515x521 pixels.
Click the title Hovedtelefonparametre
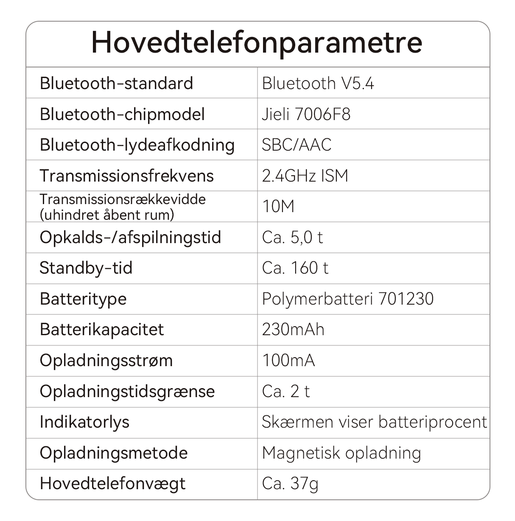pos(257,42)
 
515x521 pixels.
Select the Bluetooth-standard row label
pos(116,83)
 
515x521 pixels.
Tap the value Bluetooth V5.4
pos(318,83)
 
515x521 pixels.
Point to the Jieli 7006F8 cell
pos(306,114)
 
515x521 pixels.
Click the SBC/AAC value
pos(296,145)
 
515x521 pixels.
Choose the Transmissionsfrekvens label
pos(126,176)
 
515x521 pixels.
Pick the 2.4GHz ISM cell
pos(305,176)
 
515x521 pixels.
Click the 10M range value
pos(278,207)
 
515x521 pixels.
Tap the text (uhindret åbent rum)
pos(107,215)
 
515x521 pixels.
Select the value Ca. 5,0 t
pos(292,237)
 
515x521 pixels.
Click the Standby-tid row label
pos(86,268)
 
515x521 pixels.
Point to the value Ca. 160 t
pos(295,268)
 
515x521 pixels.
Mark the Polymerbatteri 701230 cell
pos(347,299)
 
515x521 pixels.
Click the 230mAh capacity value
pos(293,330)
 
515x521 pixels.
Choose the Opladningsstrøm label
pos(106,361)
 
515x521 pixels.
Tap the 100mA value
pos(288,361)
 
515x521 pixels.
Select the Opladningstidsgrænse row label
pos(127,391)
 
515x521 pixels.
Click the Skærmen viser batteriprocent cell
pos(374,422)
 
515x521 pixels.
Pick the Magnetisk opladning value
pos(341,453)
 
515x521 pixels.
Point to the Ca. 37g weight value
pos(290,484)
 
